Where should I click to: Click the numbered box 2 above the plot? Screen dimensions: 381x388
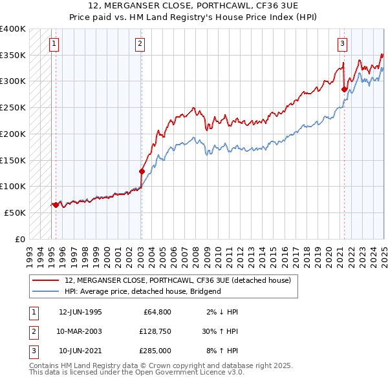140,44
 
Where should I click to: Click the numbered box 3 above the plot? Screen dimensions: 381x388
342,44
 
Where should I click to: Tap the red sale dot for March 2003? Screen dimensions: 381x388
142,171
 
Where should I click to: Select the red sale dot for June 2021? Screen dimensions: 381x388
344,89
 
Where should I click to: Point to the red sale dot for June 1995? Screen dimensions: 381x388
56,205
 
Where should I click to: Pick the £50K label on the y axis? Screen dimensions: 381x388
15,212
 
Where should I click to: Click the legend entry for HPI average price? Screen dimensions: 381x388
143,291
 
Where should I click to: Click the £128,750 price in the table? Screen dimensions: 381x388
155,331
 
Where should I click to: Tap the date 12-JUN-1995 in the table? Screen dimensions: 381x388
80,312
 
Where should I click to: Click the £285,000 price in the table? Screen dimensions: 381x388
155,351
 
